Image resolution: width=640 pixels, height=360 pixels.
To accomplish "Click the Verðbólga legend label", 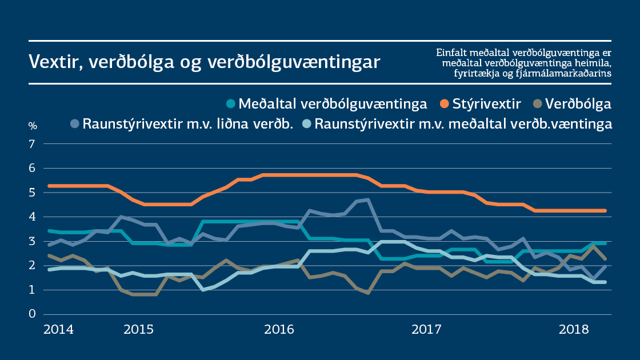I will coord(578,104).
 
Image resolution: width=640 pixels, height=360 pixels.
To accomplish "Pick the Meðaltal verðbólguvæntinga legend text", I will coord(333,104).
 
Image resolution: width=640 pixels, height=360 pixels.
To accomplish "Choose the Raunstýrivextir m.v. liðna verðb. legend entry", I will coord(188,123).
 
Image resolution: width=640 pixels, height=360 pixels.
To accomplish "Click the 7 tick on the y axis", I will coord(33,144).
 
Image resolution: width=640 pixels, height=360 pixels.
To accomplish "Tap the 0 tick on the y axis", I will coord(33,314).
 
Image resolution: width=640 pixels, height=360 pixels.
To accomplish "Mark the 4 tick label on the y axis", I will coord(33,217).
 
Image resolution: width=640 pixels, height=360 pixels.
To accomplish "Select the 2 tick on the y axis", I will coord(33,266).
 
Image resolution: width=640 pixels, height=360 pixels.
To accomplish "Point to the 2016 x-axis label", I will coord(279,330).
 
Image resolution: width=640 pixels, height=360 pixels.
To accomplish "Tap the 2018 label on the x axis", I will coord(574,330).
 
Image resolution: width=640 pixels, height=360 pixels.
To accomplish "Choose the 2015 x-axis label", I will coord(138,330).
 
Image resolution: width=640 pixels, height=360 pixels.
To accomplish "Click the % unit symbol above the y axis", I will coord(33,126).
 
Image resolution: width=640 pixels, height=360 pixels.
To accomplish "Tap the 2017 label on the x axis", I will coord(426,330).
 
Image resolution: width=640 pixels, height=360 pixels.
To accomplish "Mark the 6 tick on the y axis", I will coord(33,169).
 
